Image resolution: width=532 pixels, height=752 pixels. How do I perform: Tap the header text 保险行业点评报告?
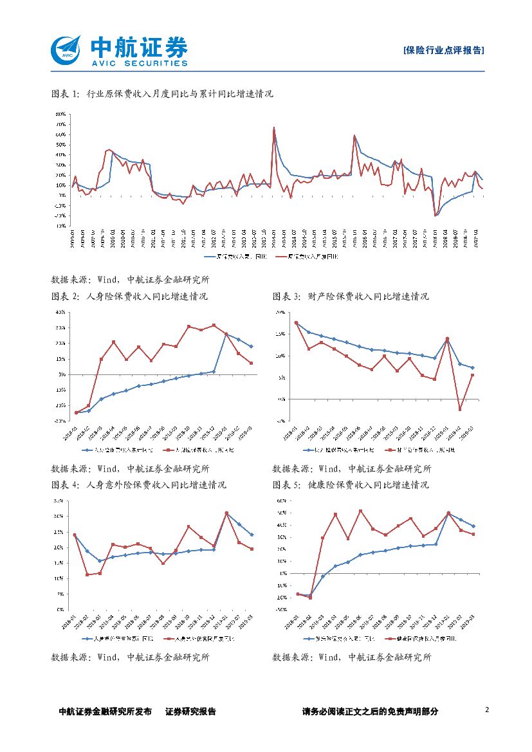[x=443, y=50]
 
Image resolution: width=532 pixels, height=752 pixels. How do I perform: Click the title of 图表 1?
[x=161, y=94]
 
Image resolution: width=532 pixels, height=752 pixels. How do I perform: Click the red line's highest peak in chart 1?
[x=274, y=127]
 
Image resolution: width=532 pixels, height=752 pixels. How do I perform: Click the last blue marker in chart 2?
[x=251, y=347]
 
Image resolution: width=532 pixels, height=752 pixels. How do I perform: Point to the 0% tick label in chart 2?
[x=62, y=374]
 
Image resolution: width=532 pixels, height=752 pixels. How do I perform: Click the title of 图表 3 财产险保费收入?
[x=351, y=297]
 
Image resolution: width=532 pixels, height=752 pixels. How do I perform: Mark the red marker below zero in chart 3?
[x=460, y=409]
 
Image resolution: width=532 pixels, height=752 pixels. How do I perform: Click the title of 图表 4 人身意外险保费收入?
[x=138, y=484]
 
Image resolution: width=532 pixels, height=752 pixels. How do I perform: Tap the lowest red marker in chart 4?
[x=87, y=574]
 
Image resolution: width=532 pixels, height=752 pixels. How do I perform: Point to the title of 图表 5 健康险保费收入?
[x=351, y=484]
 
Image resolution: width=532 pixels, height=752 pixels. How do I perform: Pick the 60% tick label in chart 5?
[x=280, y=500]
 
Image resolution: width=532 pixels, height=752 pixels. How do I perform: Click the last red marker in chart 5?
[x=473, y=534]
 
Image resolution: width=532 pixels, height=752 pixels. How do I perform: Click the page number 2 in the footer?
[x=487, y=710]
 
